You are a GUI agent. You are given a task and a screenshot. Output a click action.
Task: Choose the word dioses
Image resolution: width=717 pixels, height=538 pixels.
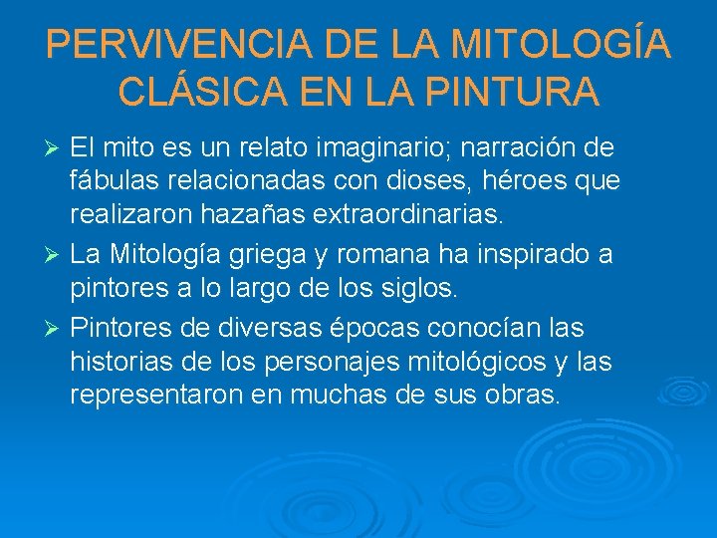pyautogui.click(x=450, y=181)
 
